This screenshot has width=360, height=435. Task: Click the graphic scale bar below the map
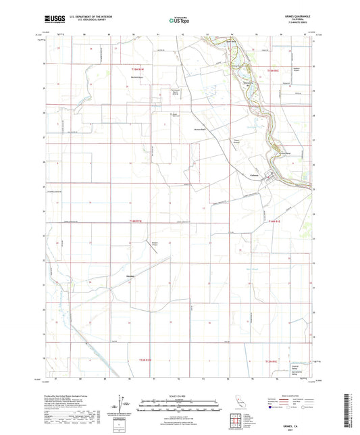click(x=180, y=406)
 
